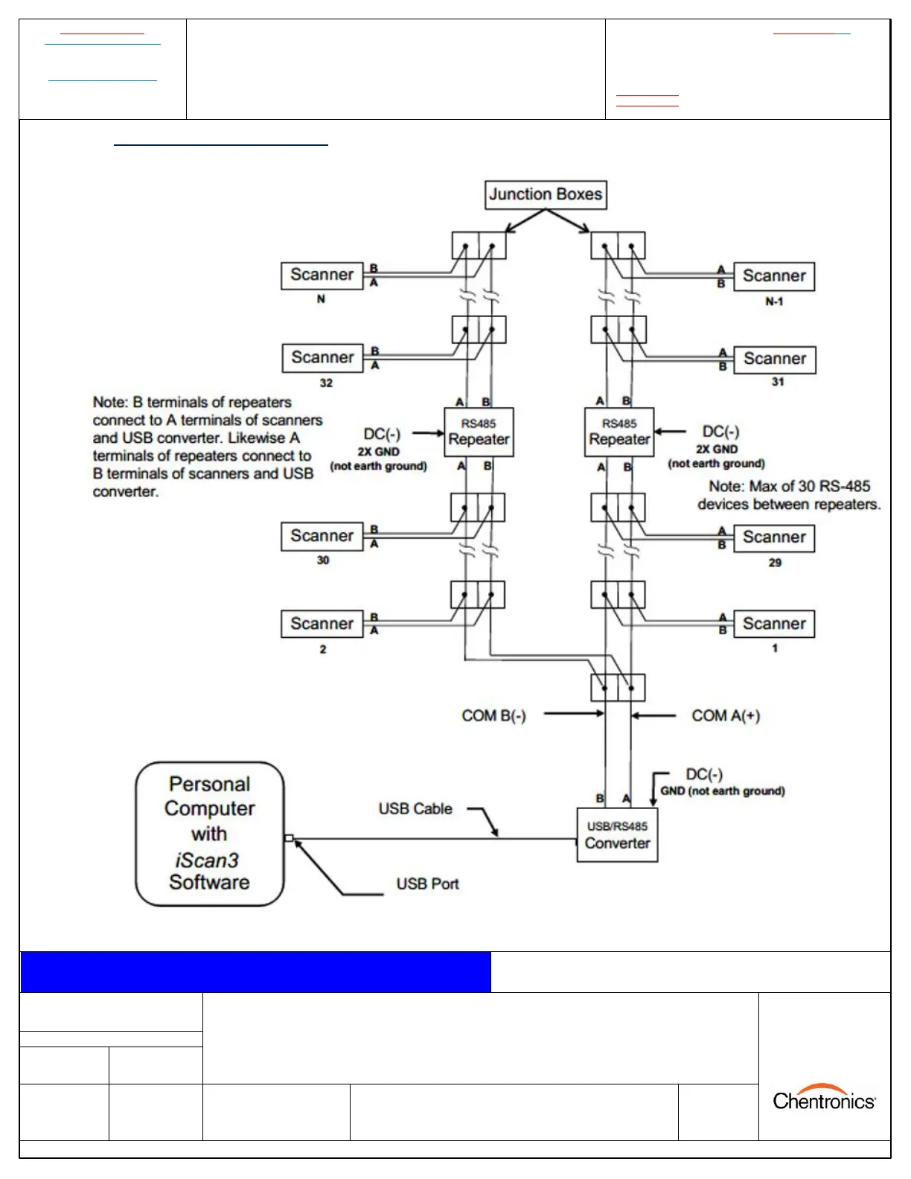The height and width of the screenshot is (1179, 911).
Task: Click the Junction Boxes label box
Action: (x=546, y=194)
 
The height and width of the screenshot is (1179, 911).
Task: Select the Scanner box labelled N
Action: (x=322, y=275)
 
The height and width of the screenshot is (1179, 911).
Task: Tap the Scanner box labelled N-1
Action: (x=774, y=276)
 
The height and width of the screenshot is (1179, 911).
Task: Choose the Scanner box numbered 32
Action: (x=322, y=358)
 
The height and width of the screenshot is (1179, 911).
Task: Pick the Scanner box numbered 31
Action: (x=774, y=360)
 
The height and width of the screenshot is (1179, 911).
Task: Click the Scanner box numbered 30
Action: (x=322, y=536)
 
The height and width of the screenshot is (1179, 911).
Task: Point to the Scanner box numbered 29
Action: (x=774, y=537)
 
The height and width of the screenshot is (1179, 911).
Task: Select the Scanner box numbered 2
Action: (x=322, y=624)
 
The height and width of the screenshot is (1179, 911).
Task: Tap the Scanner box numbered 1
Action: (x=774, y=624)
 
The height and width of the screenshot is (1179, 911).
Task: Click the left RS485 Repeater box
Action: (x=479, y=432)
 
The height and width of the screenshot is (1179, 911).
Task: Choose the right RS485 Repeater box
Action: (x=619, y=432)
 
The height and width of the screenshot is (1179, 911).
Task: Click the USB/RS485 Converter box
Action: (x=617, y=835)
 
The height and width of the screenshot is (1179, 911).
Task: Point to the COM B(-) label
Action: (x=493, y=716)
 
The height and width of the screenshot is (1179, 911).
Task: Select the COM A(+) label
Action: (x=726, y=716)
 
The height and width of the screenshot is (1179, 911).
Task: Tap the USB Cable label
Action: (x=415, y=809)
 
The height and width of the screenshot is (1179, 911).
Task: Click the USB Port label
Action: (x=427, y=884)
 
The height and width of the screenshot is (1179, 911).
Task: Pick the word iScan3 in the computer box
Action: (x=207, y=860)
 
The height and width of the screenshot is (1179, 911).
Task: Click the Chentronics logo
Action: (x=824, y=1099)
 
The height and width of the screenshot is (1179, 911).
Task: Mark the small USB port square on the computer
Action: (x=289, y=839)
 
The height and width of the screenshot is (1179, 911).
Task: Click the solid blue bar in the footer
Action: (x=255, y=972)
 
